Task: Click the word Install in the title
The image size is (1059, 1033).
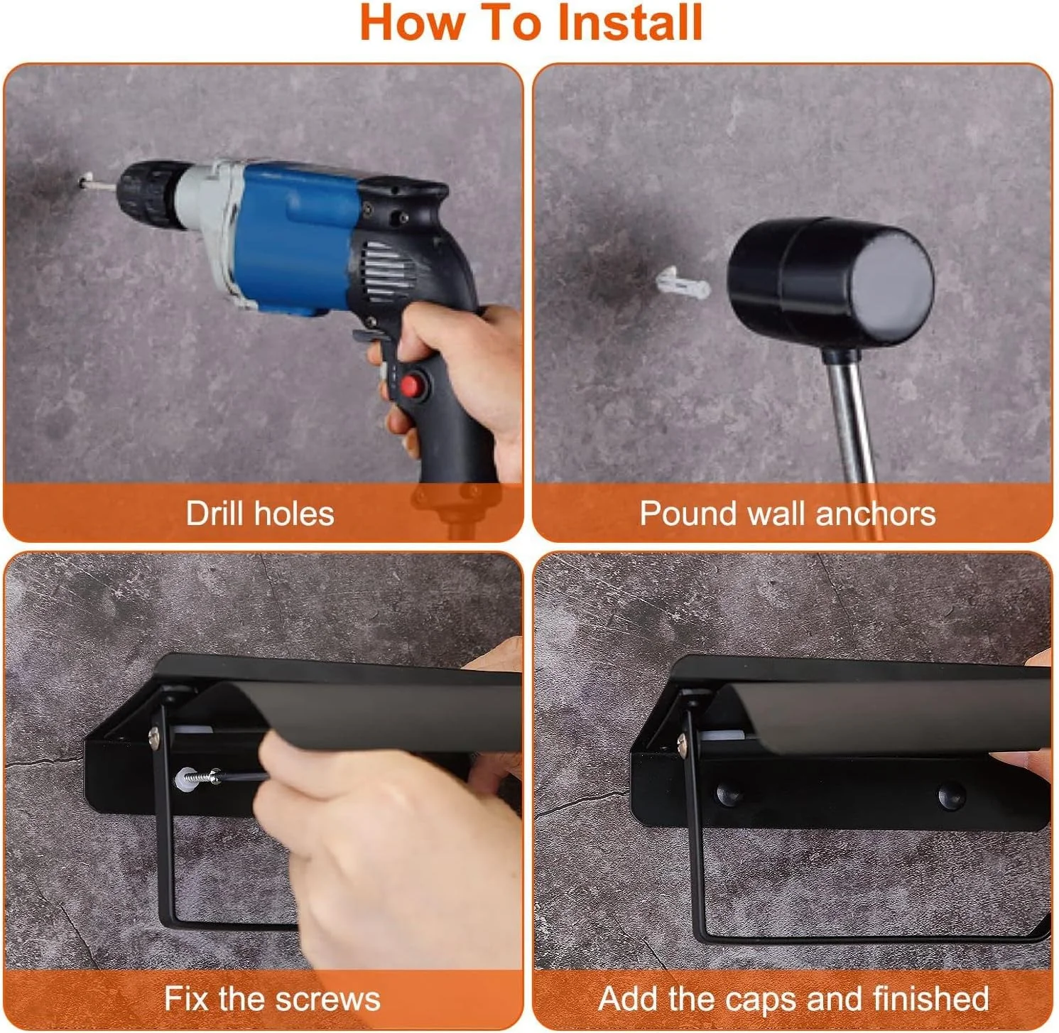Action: [630, 23]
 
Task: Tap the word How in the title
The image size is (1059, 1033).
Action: [412, 23]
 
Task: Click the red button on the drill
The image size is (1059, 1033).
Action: [410, 387]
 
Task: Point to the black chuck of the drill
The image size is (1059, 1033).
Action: [151, 193]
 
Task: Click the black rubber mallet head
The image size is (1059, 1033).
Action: [830, 282]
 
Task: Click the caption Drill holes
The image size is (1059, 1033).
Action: [260, 514]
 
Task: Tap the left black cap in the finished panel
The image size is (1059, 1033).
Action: [729, 794]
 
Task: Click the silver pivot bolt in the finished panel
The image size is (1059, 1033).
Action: [683, 743]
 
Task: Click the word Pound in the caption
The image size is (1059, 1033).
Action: [688, 514]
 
